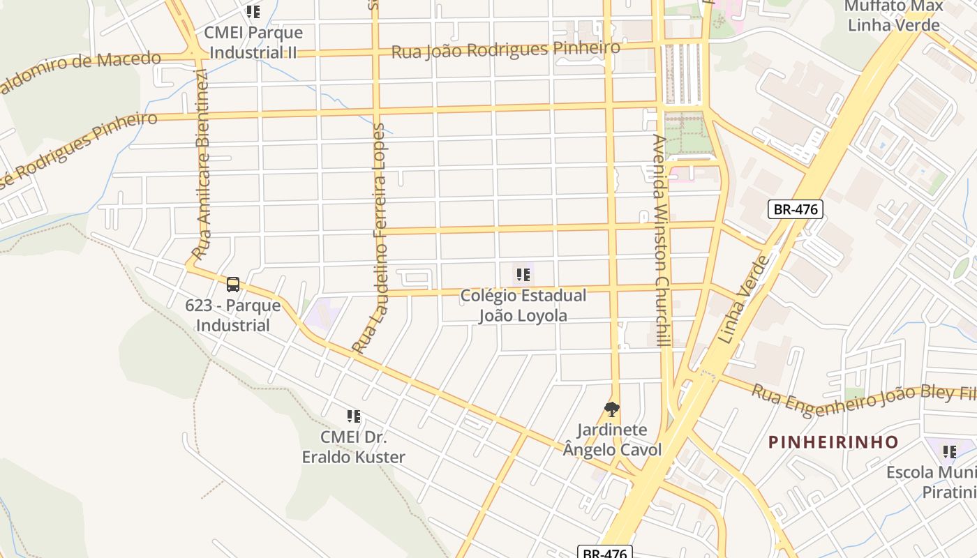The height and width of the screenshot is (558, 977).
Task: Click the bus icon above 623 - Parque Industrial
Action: click(233, 285)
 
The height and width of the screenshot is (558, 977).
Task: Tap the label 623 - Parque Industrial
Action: click(233, 315)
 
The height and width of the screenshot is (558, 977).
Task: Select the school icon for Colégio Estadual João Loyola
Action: click(523, 275)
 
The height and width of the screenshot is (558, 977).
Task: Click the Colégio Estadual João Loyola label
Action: click(523, 306)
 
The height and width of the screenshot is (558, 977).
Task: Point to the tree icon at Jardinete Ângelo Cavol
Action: click(612, 409)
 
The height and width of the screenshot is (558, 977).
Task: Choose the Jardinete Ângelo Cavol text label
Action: click(612, 439)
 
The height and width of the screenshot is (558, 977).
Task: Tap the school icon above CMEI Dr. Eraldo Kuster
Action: click(354, 416)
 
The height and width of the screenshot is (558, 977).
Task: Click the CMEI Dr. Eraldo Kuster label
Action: click(353, 447)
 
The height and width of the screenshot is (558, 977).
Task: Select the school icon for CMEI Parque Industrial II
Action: click(253, 12)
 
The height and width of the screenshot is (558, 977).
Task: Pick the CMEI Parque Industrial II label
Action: click(253, 43)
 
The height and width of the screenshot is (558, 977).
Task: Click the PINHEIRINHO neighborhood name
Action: click(833, 442)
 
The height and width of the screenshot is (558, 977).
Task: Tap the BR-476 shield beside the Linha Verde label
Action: click(796, 209)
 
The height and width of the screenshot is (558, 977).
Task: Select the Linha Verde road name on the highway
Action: click(744, 300)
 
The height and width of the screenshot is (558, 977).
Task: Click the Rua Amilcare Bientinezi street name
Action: click(202, 165)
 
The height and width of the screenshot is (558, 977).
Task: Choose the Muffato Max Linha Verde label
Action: click(893, 16)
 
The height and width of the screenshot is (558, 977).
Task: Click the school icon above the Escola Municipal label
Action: click(949, 451)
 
